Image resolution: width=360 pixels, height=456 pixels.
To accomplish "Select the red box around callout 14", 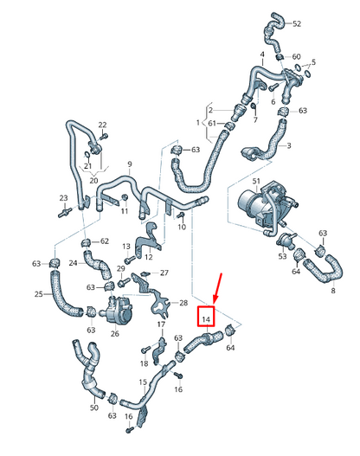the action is point(206,316).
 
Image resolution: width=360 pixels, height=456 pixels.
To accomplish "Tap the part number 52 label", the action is point(297,24).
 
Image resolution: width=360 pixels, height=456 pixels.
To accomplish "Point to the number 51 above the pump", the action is point(256,182).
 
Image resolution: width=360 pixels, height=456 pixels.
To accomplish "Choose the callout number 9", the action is point(130,164).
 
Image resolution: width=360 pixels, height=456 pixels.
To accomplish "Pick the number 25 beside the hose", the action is point(38,294).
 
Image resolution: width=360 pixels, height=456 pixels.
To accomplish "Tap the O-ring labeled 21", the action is point(87,154).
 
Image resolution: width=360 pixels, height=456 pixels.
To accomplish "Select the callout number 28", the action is point(183,303).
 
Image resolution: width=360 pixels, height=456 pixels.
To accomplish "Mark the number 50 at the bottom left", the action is point(94,408).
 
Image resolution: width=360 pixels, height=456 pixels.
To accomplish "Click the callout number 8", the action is point(333,290).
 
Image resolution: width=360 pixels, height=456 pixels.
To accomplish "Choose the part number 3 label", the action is point(288,145).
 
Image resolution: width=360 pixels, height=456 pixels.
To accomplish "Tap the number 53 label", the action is point(282,256).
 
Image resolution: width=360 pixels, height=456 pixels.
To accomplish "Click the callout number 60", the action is point(296,56).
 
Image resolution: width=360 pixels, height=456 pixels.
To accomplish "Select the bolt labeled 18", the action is point(145,350).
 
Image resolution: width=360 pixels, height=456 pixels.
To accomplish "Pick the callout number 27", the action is point(164,273).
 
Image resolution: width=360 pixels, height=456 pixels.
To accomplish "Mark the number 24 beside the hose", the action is point(73,263).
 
